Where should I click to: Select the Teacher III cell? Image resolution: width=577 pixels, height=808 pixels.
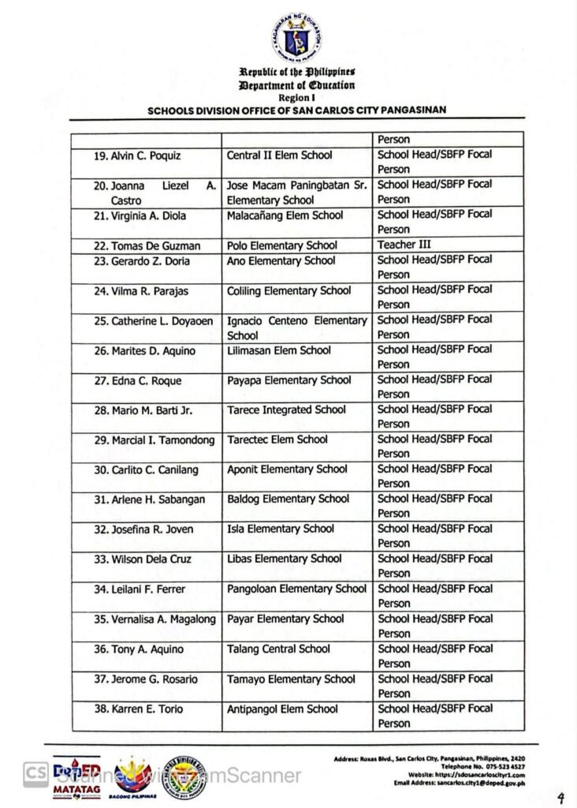(404, 245)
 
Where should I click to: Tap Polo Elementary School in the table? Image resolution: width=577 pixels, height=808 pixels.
(281, 245)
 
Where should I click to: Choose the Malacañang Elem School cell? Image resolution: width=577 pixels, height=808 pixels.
(285, 215)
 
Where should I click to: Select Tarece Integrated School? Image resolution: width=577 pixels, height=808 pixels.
(286, 410)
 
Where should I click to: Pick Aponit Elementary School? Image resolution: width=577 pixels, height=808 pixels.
(287, 469)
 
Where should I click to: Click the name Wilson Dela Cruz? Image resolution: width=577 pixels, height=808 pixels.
(143, 559)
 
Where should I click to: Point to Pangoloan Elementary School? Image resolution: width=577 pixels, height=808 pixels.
(296, 589)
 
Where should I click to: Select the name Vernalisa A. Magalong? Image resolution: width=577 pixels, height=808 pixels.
(154, 619)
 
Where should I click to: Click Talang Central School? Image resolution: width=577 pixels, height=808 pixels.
(278, 649)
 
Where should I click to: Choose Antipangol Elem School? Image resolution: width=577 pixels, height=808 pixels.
(282, 709)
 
